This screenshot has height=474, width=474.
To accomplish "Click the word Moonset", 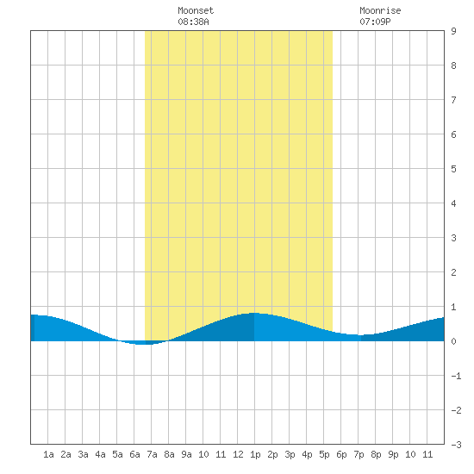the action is tap(196, 10).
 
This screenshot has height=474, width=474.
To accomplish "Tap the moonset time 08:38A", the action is tap(193, 22).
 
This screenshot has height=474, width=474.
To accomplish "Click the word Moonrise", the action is tap(380, 10).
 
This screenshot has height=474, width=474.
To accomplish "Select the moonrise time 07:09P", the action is tap(375, 22).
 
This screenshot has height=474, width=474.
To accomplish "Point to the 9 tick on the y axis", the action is tap(453, 31).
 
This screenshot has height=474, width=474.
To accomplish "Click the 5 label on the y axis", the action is tap(453, 169).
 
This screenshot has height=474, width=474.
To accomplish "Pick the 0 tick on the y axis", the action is tap(453, 341).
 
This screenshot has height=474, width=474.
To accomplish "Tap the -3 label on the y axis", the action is tap(456, 445).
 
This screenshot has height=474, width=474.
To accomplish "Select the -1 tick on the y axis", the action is tap(456, 376).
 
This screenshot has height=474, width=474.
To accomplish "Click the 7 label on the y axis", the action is tap(453, 100).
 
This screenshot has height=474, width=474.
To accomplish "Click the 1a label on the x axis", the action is tap(48, 454).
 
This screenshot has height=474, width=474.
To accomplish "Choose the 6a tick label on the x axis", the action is tap(134, 454).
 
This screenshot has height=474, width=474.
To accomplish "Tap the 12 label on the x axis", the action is tap(238, 454).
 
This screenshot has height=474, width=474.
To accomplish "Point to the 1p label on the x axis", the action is tap(255, 454).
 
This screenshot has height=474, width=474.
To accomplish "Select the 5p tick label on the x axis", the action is tap(324, 454).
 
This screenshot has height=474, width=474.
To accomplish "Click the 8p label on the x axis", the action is tap(376, 454).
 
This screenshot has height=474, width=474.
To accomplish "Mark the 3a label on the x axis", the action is tap(83, 454).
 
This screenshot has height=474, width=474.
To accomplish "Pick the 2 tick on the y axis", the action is tap(453, 272).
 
